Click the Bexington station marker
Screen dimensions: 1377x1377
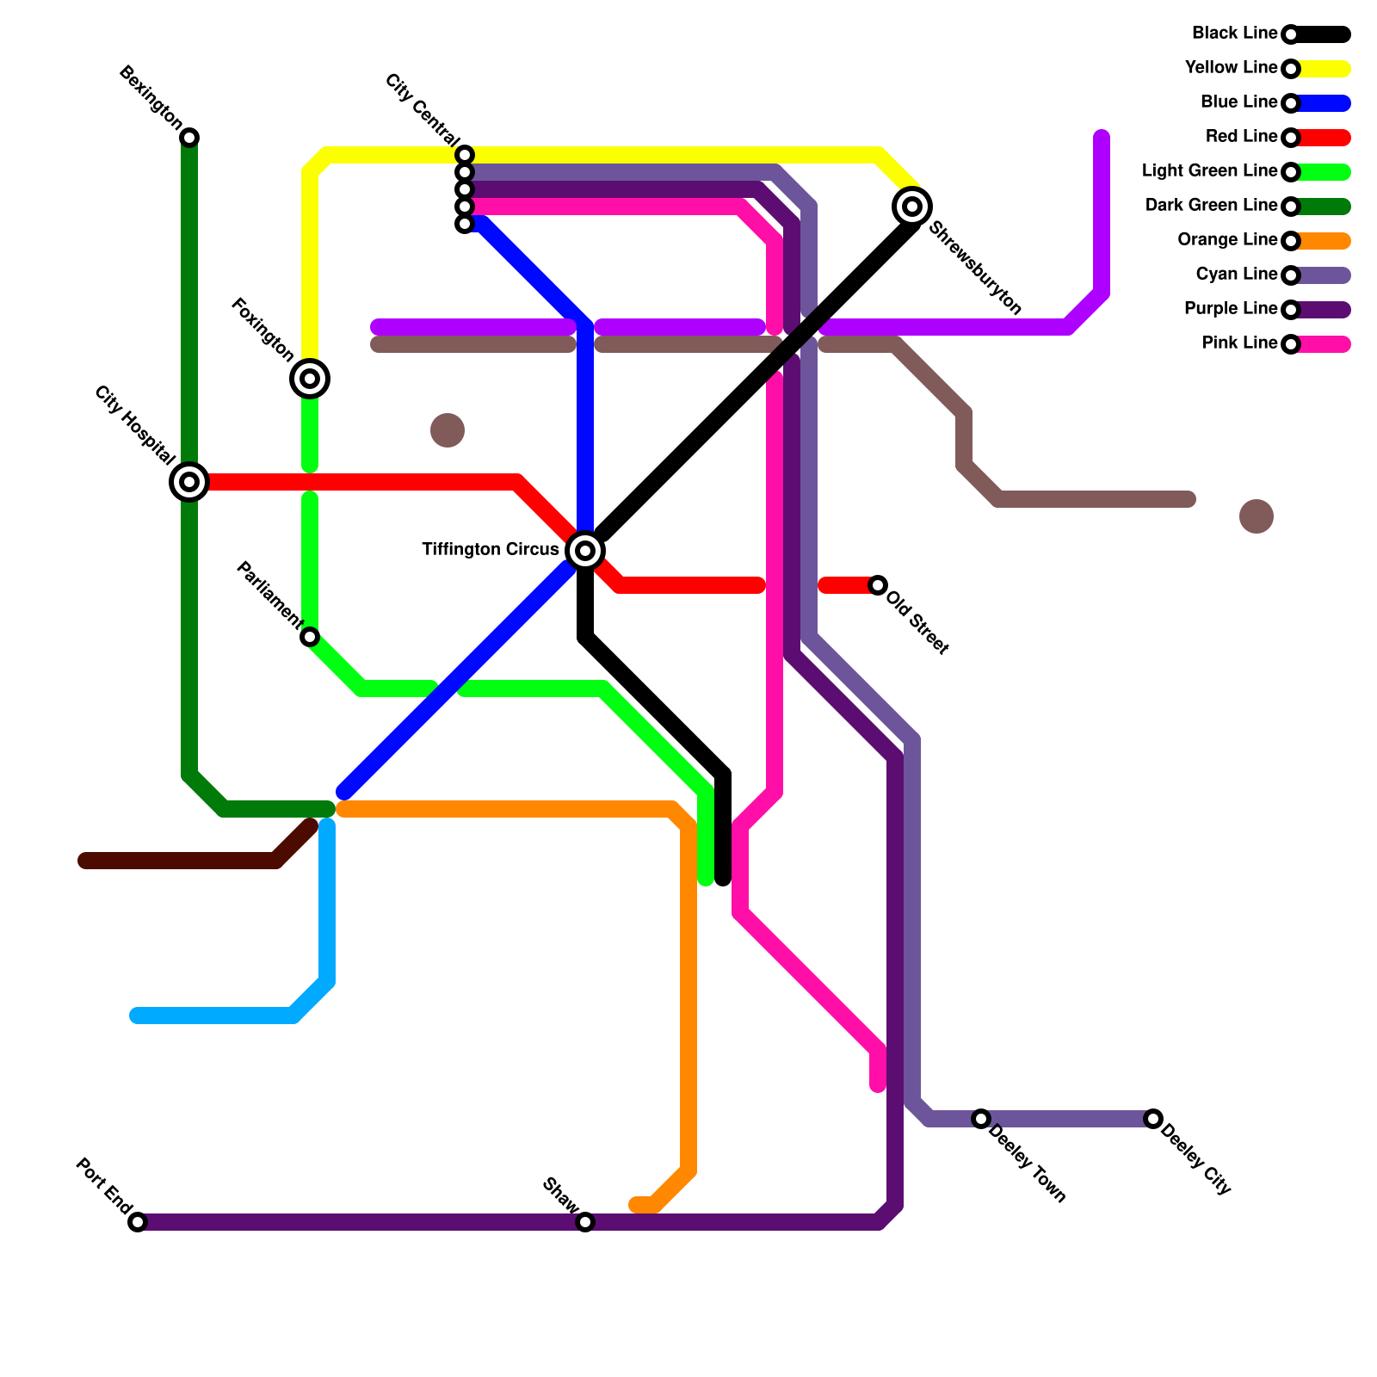click(x=189, y=138)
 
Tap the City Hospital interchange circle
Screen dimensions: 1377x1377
click(x=189, y=482)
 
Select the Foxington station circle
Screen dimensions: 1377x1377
click(x=310, y=379)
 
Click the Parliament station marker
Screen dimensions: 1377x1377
click(x=310, y=637)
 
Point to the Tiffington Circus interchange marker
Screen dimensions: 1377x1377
click(x=585, y=551)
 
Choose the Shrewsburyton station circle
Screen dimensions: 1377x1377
click(x=912, y=207)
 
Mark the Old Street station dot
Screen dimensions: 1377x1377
click(x=878, y=585)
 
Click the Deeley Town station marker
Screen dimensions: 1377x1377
click(x=981, y=1119)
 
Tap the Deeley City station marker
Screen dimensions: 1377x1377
click(x=1153, y=1119)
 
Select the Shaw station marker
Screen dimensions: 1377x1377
click(x=585, y=1222)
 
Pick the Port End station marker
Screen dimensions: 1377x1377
click(x=138, y=1222)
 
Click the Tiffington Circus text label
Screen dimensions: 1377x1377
click(x=490, y=550)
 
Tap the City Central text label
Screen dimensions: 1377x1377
click(x=422, y=109)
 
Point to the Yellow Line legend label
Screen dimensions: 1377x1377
click(x=1231, y=68)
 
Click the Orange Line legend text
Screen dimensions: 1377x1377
click(x=1227, y=240)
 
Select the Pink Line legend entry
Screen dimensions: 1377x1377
click(x=1239, y=343)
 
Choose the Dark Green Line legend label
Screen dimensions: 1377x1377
click(x=1211, y=206)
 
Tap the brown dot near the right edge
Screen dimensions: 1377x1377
click(x=1257, y=516)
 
